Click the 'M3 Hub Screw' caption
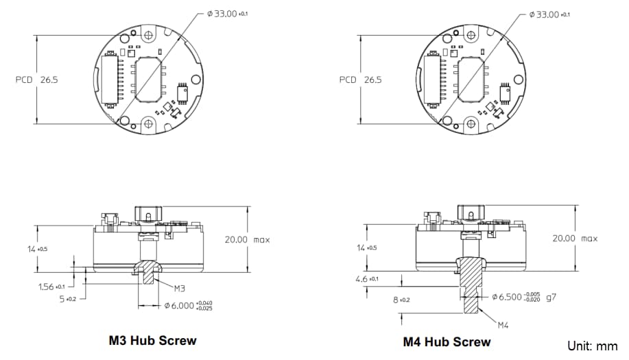click(152, 340)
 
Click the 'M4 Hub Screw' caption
click(447, 341)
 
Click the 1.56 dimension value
click(51, 286)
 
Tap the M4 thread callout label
click(506, 324)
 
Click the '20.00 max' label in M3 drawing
click(247, 239)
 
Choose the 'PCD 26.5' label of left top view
click(37, 80)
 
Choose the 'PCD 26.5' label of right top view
click(361, 80)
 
